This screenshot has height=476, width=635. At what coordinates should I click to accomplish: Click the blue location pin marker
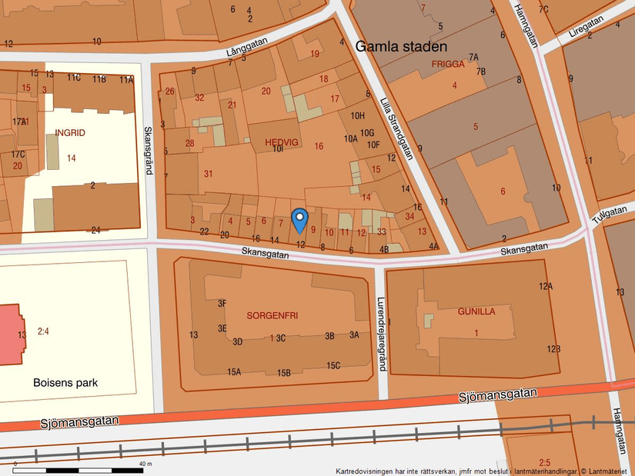click(x=300, y=219)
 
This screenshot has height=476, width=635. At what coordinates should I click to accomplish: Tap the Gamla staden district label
click(x=401, y=47)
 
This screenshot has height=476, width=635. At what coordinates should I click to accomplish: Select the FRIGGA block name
click(x=448, y=64)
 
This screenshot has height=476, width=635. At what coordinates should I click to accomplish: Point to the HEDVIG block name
click(x=280, y=142)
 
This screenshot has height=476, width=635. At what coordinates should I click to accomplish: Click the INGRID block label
click(x=70, y=133)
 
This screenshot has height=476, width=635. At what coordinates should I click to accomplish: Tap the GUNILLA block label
click(x=476, y=311)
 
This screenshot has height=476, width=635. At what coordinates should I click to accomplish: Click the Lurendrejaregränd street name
click(x=380, y=335)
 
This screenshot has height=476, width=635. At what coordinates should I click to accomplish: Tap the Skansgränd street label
click(x=149, y=151)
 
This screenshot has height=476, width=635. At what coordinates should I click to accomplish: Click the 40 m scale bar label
click(x=145, y=464)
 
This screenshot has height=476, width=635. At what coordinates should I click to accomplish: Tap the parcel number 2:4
click(x=42, y=331)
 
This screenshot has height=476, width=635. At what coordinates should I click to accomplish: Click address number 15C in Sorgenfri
click(x=333, y=365)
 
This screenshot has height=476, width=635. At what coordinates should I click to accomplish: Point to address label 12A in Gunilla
click(x=546, y=286)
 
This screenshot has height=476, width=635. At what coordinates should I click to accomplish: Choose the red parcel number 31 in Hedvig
click(x=208, y=174)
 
